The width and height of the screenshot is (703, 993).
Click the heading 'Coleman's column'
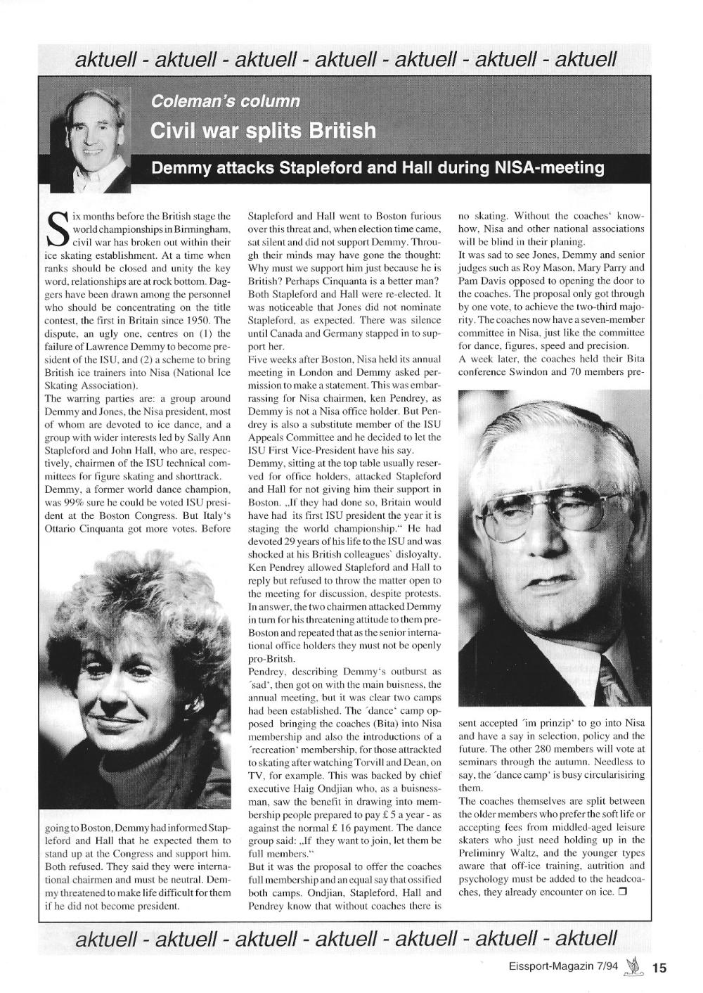pyautogui.click(x=226, y=101)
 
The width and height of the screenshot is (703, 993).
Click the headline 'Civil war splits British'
pyautogui.click(x=263, y=131)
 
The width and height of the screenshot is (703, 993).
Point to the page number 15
pyautogui.click(x=659, y=968)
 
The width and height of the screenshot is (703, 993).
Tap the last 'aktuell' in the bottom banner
pyautogui.click(x=586, y=939)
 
